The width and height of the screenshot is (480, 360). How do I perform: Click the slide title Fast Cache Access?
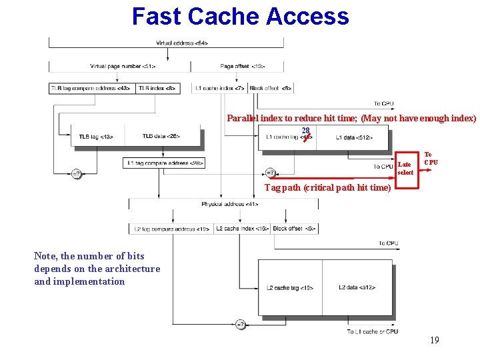click(240, 16)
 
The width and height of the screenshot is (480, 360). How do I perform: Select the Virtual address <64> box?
click(181, 43)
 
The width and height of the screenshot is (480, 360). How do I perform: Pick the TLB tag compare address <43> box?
click(91, 88)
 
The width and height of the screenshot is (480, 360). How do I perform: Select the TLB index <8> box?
click(157, 88)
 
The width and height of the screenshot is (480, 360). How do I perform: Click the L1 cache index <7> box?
click(219, 88)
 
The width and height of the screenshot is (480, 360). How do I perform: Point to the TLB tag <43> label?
click(96, 137)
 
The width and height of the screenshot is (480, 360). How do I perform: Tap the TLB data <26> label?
click(161, 137)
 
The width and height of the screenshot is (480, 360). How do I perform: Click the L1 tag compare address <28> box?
click(164, 163)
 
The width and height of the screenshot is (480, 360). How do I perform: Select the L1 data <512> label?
click(354, 137)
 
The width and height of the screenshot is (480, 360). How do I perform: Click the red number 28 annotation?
click(305, 131)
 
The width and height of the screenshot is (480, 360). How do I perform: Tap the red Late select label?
click(405, 168)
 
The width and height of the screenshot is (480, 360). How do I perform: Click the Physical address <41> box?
click(230, 203)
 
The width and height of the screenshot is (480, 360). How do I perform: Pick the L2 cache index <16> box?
click(242, 229)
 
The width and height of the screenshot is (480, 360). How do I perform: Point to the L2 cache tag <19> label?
click(290, 287)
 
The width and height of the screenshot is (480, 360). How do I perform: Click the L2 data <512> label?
click(357, 287)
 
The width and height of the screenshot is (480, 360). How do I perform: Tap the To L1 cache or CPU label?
click(373, 331)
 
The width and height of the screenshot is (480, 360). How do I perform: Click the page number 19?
click(434, 341)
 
